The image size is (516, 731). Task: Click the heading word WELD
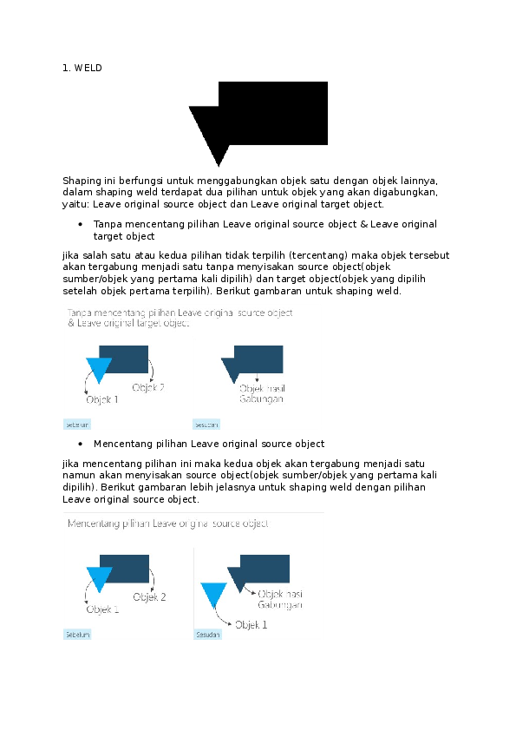(x=88, y=67)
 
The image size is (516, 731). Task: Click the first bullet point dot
(x=80, y=224)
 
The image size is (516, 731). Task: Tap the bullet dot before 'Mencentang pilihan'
(x=80, y=444)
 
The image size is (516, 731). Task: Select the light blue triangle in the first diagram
(x=99, y=368)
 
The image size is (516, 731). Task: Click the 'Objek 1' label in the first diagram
(x=101, y=400)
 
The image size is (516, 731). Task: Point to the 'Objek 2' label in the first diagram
(x=147, y=388)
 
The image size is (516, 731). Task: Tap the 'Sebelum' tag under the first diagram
(x=77, y=425)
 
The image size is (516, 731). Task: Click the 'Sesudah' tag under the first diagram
(x=206, y=425)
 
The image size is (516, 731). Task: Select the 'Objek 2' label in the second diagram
(x=149, y=597)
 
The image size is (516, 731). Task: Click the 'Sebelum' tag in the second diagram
(x=77, y=635)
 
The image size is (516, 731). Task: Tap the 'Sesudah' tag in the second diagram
(x=208, y=635)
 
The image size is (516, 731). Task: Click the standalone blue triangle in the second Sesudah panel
(x=213, y=594)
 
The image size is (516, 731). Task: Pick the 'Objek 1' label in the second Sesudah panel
(x=251, y=624)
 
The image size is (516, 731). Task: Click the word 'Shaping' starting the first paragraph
(x=81, y=180)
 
